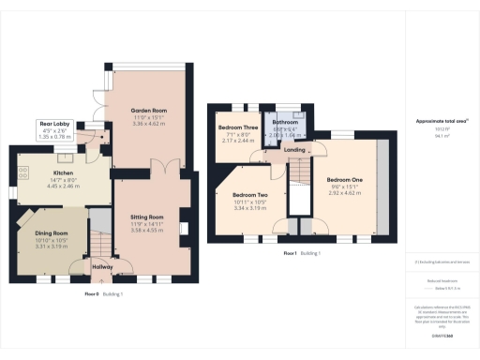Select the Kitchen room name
[63, 172]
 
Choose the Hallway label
[102, 267]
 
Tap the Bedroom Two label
[250, 195]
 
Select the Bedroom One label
[344, 178]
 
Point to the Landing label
[293, 150]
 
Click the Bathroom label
[285, 122]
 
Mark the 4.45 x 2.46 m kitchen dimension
[63, 186]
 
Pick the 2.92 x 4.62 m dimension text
[344, 192]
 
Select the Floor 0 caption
[93, 294]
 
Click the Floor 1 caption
[291, 253]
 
